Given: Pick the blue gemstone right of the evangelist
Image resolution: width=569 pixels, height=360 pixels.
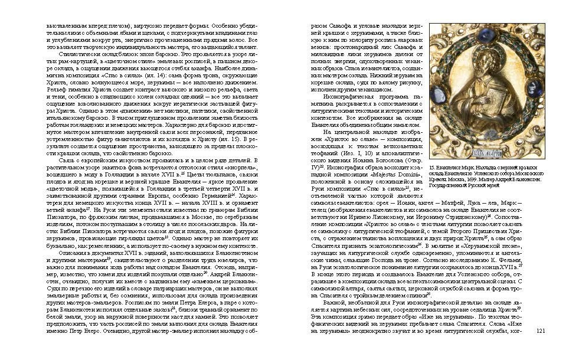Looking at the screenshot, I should [x=535, y=87].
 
